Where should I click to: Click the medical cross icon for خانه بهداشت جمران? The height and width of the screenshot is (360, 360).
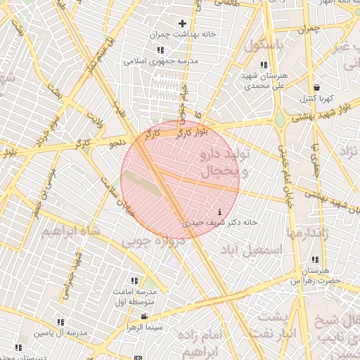coord(182,24)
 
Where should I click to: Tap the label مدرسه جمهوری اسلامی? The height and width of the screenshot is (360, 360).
coord(161,61)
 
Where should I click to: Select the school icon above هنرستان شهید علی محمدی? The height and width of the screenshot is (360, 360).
coord(264,65)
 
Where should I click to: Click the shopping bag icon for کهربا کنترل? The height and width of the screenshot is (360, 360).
coord(317,87)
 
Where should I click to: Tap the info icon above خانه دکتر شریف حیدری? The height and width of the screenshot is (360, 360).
coord(221,212)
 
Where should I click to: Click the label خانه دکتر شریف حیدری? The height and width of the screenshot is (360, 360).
coord(221,221)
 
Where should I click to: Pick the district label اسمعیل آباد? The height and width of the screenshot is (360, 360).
coord(250,250)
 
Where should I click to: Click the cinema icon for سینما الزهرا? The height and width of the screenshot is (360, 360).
coord(144,317)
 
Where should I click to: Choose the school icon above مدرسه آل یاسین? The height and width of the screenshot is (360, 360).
coord(60,321)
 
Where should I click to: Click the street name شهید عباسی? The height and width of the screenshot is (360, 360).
coord(72,270)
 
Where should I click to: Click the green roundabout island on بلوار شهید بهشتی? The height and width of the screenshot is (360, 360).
coord(280,120)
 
